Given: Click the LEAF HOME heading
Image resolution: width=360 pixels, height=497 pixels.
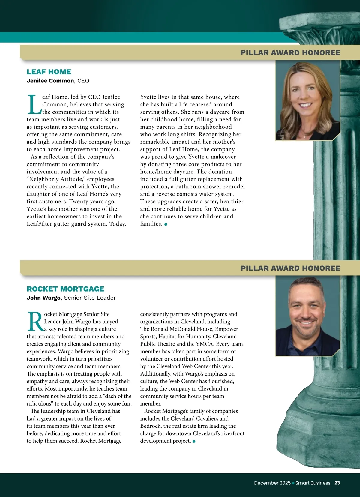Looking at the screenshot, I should tap(49, 72).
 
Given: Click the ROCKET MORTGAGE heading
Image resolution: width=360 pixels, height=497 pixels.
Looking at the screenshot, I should tap(65, 289).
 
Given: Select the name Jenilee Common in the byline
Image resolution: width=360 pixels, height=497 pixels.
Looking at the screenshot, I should tap(50, 81).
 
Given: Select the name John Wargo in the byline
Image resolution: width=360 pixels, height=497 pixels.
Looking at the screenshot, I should tap(43, 298).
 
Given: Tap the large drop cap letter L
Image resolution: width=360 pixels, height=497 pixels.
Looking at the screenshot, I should tap(34, 105).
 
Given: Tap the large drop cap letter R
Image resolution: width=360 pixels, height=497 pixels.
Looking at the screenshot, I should tap(35, 322).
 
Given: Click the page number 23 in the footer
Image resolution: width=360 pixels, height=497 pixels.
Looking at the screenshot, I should tap(337, 483).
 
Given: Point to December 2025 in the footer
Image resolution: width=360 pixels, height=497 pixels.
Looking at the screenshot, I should tap(272, 483).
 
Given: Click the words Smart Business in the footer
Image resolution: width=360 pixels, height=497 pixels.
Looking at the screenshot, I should tap(313, 483).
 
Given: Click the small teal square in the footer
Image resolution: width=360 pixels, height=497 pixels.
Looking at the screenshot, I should tap(293, 483).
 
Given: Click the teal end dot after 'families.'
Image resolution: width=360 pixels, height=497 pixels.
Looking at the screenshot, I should tap(166, 224).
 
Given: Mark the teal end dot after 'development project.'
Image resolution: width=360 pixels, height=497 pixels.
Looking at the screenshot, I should tap(194, 441).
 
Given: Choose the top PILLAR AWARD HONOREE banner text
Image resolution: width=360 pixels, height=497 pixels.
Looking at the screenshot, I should tap(290, 53).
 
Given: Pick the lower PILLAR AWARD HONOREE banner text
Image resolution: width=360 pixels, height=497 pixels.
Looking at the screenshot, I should tap(290, 268).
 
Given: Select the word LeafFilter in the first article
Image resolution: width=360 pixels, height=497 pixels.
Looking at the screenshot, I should tap(39, 224).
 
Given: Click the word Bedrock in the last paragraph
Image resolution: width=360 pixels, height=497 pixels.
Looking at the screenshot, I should tap(150, 426).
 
